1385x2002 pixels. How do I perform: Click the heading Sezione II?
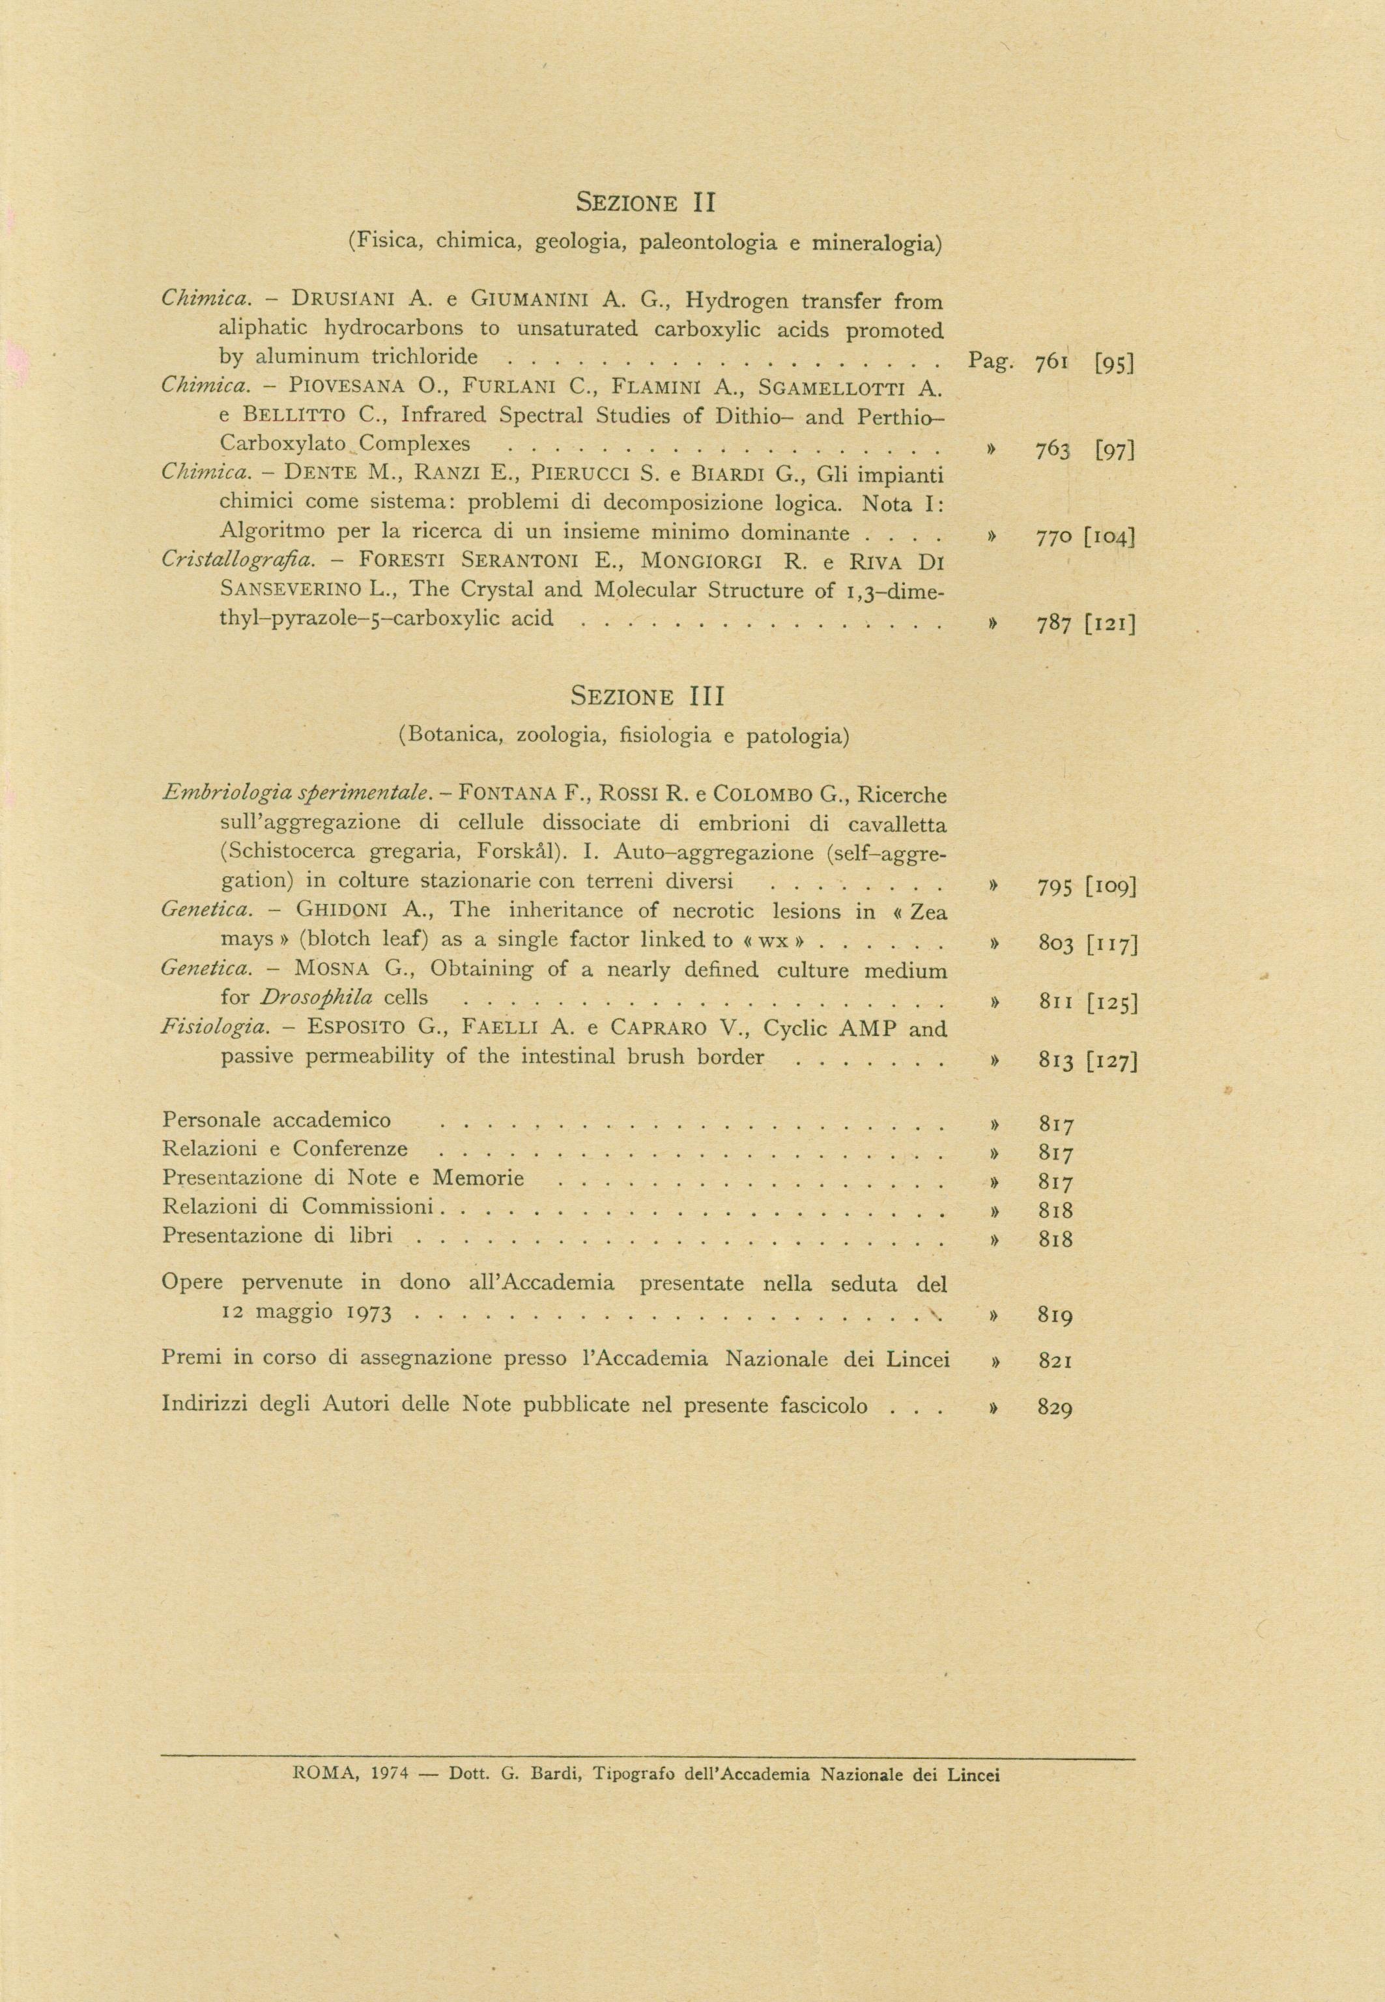[x=645, y=203]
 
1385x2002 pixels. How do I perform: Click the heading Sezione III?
[x=648, y=696]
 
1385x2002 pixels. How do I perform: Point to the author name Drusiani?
[x=344, y=301]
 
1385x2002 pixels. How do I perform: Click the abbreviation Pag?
[x=990, y=361]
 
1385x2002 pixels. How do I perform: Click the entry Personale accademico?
[x=276, y=1120]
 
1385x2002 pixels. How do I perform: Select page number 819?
[x=1055, y=1316]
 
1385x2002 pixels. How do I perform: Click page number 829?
[x=1055, y=1407]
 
